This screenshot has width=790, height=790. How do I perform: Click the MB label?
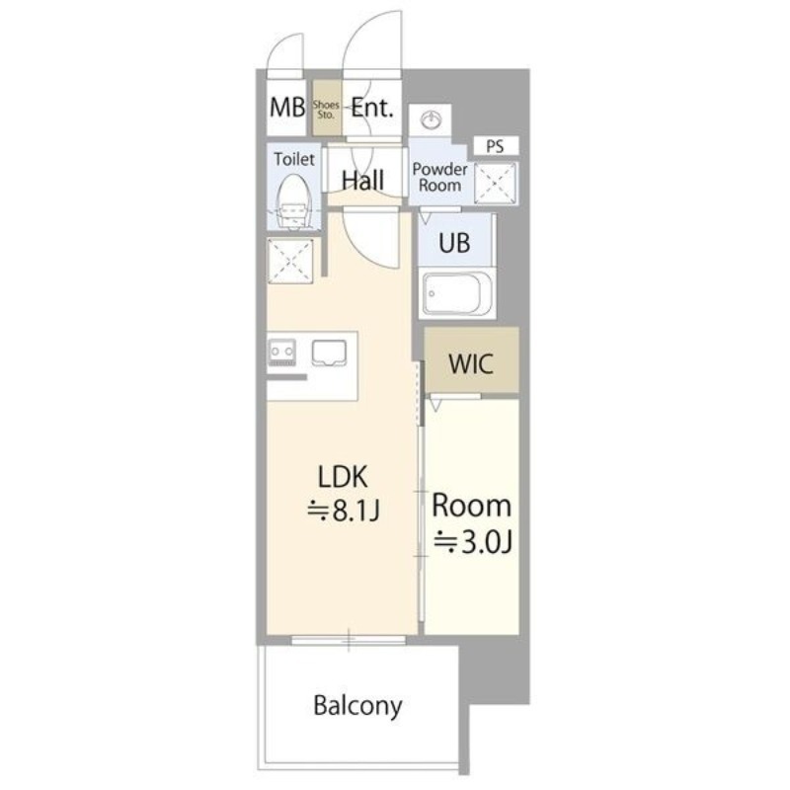pyautogui.click(x=287, y=108)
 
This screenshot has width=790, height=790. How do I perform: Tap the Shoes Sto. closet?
pyautogui.click(x=327, y=108)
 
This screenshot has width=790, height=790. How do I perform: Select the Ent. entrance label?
pyautogui.click(x=372, y=108)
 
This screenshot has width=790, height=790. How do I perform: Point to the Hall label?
pyautogui.click(x=362, y=180)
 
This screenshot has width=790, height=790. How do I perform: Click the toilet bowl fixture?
pyautogui.click(x=293, y=201)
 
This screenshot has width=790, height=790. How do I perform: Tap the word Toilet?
pyautogui.click(x=294, y=159)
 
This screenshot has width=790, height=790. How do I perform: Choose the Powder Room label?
pyautogui.click(x=439, y=177)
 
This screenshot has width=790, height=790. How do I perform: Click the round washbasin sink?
pyautogui.click(x=431, y=120)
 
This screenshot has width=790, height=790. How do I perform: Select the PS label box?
pyautogui.click(x=496, y=146)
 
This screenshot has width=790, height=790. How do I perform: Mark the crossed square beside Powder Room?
pyautogui.click(x=496, y=184)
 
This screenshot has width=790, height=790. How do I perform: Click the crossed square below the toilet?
pyautogui.click(x=290, y=261)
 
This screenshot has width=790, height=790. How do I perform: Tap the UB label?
pyautogui.click(x=454, y=243)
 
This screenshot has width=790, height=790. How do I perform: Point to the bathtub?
pyautogui.click(x=457, y=293)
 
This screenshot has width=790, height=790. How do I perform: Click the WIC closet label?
pyautogui.click(x=471, y=363)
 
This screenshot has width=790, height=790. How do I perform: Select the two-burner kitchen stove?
pyautogui.click(x=282, y=352)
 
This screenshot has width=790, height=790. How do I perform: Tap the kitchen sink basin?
pyautogui.click(x=329, y=354)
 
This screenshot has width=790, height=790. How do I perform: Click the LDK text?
pyautogui.click(x=343, y=477)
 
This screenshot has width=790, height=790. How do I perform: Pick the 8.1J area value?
pyautogui.click(x=344, y=511)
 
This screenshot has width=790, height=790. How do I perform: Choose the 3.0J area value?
pyautogui.click(x=474, y=542)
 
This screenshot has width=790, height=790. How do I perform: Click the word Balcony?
pyautogui.click(x=357, y=705)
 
